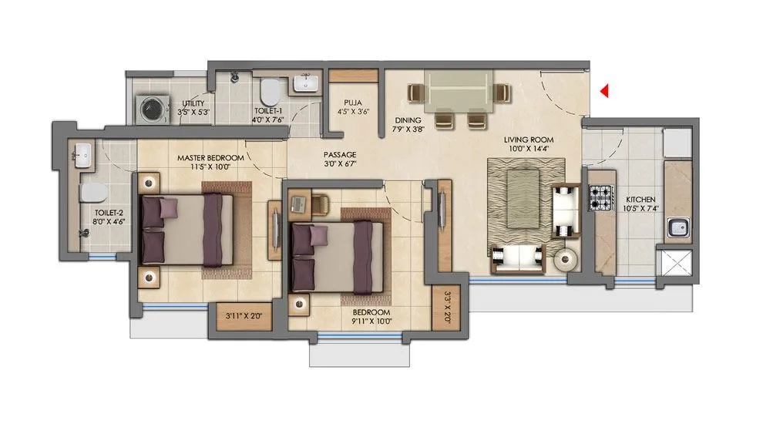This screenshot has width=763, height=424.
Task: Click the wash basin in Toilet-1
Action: click(x=307, y=84)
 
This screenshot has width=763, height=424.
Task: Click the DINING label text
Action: click(x=407, y=120)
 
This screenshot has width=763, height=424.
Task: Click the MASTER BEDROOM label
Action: click(x=210, y=158)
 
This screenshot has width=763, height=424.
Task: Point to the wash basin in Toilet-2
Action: click(x=80, y=156)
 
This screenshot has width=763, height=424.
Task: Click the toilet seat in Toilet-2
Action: click(x=90, y=191)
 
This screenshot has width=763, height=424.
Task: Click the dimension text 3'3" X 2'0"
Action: click(x=447, y=306)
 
